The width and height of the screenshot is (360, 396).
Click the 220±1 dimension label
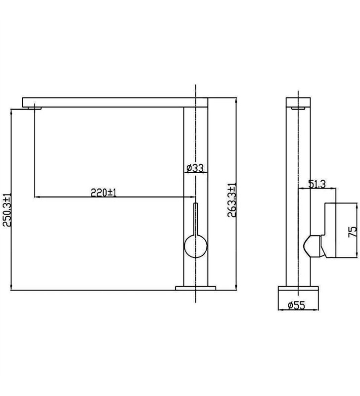(103, 193)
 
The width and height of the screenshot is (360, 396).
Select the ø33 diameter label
(195, 168)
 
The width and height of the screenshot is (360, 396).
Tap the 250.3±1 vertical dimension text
(6, 210)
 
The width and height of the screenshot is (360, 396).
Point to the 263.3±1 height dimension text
(231, 200)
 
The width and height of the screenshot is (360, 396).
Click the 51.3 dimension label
(317, 184)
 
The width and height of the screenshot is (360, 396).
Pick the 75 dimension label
(353, 232)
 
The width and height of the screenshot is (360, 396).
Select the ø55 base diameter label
(296, 305)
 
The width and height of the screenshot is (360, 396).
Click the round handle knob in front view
(196, 246)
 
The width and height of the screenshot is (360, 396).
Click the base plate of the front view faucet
(195, 288)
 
